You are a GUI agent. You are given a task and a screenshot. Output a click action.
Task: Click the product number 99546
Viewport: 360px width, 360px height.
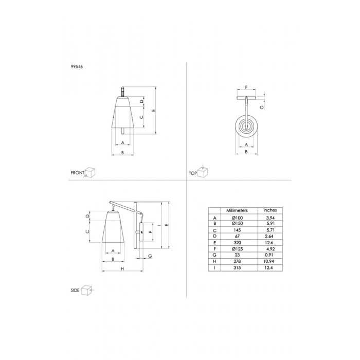click(77, 67)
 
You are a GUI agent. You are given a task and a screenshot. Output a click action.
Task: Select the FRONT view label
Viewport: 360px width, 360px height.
click(77, 173)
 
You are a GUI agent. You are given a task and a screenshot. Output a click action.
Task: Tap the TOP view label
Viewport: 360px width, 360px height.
click(193, 173)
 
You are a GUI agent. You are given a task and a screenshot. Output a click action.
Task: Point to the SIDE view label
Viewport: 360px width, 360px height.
click(75, 290)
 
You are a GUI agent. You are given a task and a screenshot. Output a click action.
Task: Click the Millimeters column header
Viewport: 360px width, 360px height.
click(237, 210)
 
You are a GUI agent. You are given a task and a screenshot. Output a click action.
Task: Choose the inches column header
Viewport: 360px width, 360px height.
click(270, 210)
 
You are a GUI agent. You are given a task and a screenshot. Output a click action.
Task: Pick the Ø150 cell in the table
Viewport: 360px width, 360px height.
click(237, 223)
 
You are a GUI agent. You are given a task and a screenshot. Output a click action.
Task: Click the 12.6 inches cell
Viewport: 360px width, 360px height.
click(268, 243)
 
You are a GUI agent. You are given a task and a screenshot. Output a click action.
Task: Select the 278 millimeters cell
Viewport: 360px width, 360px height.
click(237, 261)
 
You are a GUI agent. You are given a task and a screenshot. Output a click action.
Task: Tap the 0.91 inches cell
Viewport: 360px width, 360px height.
click(269, 255)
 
